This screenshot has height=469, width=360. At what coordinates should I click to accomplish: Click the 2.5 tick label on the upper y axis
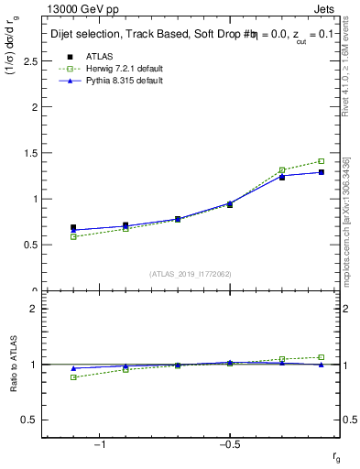click(27, 60)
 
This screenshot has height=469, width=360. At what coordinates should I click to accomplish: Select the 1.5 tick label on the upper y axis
click(27, 153)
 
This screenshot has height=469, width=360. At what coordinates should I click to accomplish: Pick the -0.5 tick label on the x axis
click(228, 444)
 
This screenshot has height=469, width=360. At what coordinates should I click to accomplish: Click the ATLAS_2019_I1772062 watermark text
click(191, 273)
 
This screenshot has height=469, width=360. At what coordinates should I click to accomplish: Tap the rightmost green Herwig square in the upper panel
click(321, 161)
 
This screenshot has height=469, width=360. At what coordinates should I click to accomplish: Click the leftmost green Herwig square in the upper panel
click(73, 236)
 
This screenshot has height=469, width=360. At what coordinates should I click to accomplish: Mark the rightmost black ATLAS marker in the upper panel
click(321, 172)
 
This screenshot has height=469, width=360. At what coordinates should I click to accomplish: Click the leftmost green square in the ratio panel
click(73, 377)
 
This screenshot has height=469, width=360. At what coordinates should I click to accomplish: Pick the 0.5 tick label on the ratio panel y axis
click(27, 420)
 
